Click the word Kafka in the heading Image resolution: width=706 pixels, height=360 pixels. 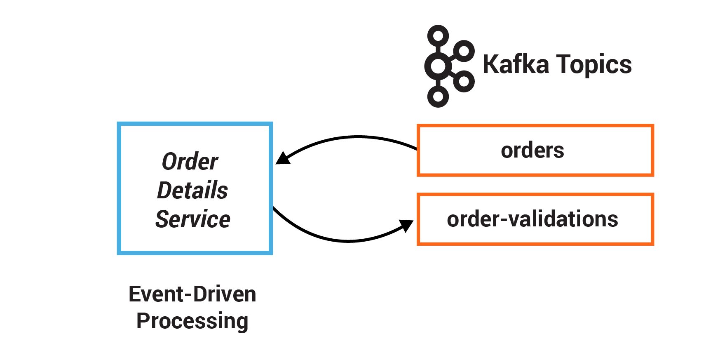(x=516, y=65)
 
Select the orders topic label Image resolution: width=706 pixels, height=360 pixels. (x=532, y=150)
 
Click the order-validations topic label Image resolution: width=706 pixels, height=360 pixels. (x=532, y=219)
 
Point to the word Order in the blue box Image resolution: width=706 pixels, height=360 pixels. (x=190, y=161)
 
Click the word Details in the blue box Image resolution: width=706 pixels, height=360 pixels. (x=192, y=190)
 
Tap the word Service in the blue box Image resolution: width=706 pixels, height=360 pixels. (x=192, y=219)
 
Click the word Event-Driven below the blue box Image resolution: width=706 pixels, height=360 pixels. (x=192, y=294)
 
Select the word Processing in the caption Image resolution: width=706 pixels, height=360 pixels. (x=192, y=321)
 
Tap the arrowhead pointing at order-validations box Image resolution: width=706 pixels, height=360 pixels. (x=407, y=225)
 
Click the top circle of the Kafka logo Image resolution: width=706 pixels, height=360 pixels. (x=438, y=36)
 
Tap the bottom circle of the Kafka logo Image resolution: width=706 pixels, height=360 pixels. (x=438, y=97)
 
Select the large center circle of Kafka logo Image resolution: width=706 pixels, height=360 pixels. (x=438, y=66)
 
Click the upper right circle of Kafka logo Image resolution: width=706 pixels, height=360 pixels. (x=464, y=51)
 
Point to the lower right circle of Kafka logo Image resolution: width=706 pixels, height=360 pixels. (x=464, y=81)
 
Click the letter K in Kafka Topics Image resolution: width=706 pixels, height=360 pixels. (x=491, y=65)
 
